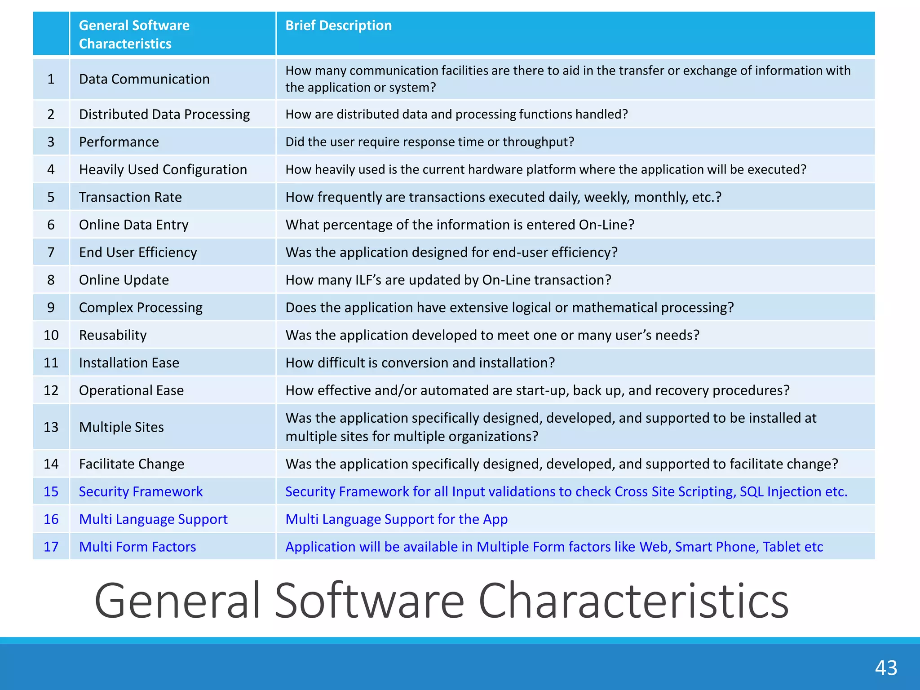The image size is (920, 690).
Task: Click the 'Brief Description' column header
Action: click(338, 26)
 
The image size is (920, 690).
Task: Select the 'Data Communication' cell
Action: click(144, 79)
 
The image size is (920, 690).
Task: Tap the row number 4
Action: click(51, 169)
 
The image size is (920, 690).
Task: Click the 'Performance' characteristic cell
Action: click(119, 142)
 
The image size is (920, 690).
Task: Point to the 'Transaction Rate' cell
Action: click(130, 197)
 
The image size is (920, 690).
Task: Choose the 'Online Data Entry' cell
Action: click(133, 225)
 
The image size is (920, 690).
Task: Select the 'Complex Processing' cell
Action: click(141, 308)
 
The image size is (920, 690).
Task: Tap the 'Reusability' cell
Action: click(113, 335)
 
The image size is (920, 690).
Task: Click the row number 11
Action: click(51, 363)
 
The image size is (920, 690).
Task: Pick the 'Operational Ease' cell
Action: click(131, 390)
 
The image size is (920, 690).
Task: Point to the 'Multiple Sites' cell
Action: click(121, 427)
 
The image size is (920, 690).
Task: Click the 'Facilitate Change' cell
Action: click(132, 464)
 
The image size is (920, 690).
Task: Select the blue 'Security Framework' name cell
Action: click(141, 491)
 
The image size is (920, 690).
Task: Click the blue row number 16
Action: click(51, 519)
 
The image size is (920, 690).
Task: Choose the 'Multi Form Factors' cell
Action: click(137, 547)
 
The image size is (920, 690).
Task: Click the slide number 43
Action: click(886, 668)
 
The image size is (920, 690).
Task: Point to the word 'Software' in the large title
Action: click(369, 601)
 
